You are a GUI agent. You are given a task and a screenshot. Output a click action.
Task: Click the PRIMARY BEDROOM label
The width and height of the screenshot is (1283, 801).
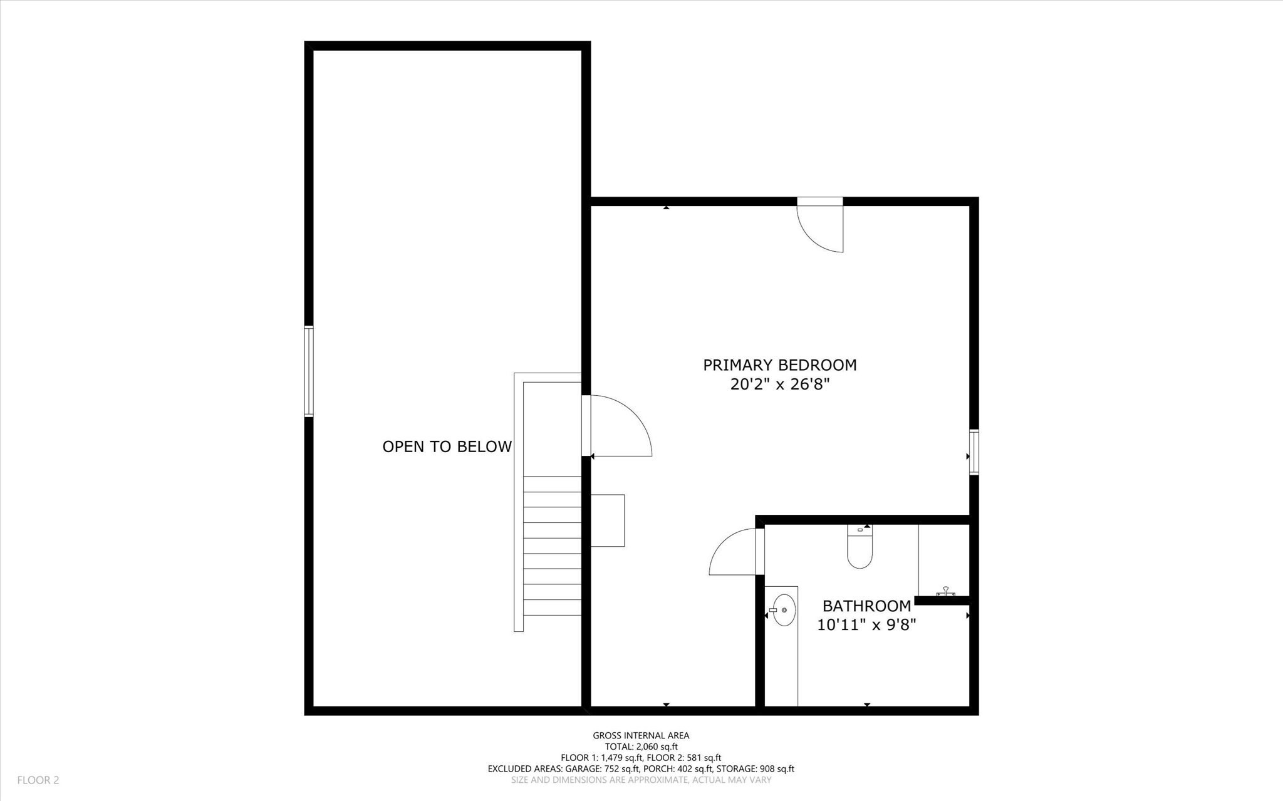pyautogui.click(x=779, y=365)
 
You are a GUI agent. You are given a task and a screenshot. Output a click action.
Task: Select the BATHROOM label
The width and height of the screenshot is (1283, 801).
pyautogui.click(x=866, y=606)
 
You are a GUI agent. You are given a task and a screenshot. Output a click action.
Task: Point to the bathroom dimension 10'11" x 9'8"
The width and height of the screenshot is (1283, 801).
pyautogui.click(x=866, y=625)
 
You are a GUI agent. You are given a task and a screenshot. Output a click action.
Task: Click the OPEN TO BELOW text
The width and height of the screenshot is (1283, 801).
pyautogui.click(x=447, y=447)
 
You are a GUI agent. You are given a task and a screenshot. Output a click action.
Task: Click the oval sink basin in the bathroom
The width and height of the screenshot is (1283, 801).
pyautogui.click(x=784, y=610)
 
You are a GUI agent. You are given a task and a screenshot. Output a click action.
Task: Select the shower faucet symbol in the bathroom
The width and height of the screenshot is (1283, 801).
pyautogui.click(x=945, y=591)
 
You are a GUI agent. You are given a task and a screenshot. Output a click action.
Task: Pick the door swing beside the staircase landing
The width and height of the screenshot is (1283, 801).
pyautogui.click(x=620, y=426)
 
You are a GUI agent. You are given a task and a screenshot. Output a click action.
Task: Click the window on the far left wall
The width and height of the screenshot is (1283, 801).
pyautogui.click(x=309, y=371)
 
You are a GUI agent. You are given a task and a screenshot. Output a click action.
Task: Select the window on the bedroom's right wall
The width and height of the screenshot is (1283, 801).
pyautogui.click(x=974, y=452)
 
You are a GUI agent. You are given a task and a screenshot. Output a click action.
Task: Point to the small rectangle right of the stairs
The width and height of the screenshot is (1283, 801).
pyautogui.click(x=608, y=520)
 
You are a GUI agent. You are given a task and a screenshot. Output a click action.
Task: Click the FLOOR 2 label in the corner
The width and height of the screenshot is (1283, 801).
pyautogui.click(x=38, y=780)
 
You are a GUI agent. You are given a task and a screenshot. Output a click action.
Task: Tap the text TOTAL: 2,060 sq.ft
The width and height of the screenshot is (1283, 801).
pyautogui.click(x=641, y=747)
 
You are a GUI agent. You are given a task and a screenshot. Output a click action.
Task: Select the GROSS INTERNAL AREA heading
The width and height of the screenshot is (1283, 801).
pyautogui.click(x=641, y=736)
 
